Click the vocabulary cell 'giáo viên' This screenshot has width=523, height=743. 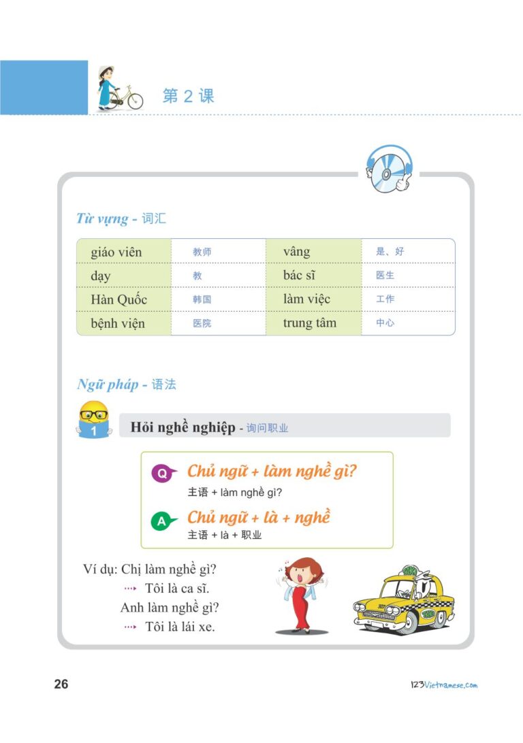coord(116,252)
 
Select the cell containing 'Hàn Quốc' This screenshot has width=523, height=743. coord(118,299)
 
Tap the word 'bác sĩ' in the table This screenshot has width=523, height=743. coord(299,276)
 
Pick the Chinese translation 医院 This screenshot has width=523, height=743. coord(202,323)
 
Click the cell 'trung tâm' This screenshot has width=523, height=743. coord(309,323)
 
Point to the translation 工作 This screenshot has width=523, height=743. coord(385,299)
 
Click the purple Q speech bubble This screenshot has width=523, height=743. coord(162,473)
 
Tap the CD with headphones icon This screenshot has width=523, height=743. coord(389,169)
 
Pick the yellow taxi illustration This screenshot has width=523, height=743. coord(404,600)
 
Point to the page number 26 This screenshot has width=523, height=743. coord(61,684)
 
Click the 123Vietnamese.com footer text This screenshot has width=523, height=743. coord(441,685)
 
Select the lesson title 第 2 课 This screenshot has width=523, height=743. coord(189,96)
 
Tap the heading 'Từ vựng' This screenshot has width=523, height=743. coord(102,219)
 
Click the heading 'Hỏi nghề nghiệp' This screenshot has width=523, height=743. coord(182,427)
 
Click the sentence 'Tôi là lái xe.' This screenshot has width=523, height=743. coord(180,627)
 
